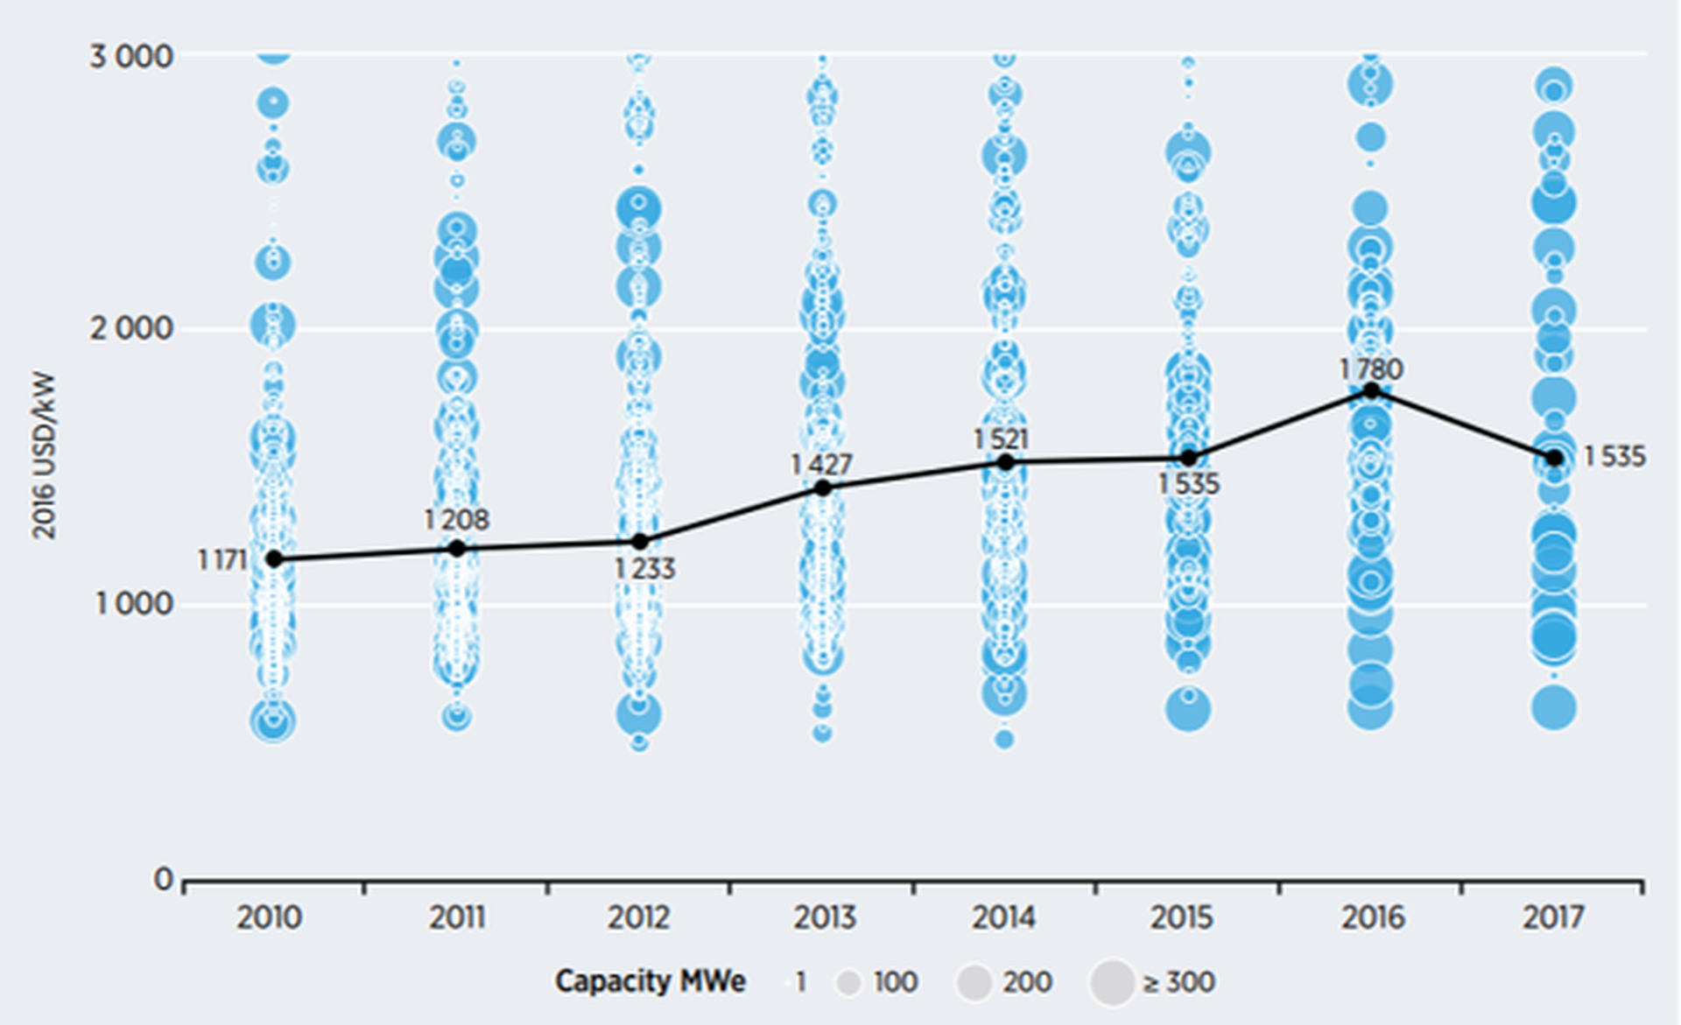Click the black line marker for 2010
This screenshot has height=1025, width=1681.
click(274, 558)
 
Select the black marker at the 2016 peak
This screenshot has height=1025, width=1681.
click(1372, 391)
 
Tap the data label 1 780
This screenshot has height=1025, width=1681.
click(1371, 369)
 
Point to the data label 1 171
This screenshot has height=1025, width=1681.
click(222, 559)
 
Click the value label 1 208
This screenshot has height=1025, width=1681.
click(456, 520)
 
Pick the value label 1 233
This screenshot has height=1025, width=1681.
click(644, 569)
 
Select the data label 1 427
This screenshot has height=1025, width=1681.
click(821, 464)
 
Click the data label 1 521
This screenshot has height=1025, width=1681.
click(1001, 439)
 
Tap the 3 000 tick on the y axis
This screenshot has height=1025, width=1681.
click(131, 57)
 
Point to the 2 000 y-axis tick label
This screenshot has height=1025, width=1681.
click(131, 328)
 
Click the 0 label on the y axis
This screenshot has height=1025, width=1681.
click(163, 879)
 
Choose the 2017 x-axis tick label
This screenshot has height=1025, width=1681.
click(1553, 917)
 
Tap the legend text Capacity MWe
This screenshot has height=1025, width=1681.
click(650, 981)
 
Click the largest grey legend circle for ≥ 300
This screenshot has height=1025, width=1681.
click(1113, 982)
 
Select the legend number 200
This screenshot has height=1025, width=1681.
click(1027, 982)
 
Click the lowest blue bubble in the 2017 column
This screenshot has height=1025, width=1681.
click(1554, 707)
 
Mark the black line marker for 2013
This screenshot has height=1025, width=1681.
click(823, 488)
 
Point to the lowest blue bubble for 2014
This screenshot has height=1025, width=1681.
click(1004, 740)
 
